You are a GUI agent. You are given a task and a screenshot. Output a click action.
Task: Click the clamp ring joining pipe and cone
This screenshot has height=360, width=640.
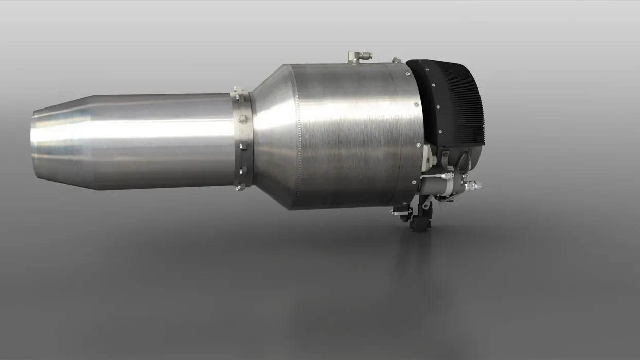pyautogui.click(x=242, y=139)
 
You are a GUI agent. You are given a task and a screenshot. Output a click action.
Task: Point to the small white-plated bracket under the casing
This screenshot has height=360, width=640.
pyautogui.click(x=401, y=210)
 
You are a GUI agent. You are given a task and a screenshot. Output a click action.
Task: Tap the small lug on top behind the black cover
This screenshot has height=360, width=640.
pyautogui.click(x=396, y=60)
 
